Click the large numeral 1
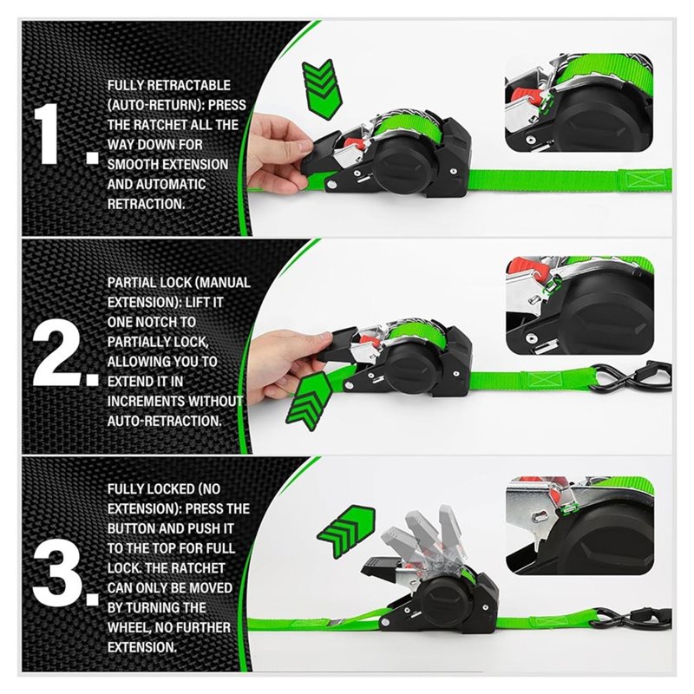[46, 134]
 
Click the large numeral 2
[56, 354]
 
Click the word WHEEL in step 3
[129, 627]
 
